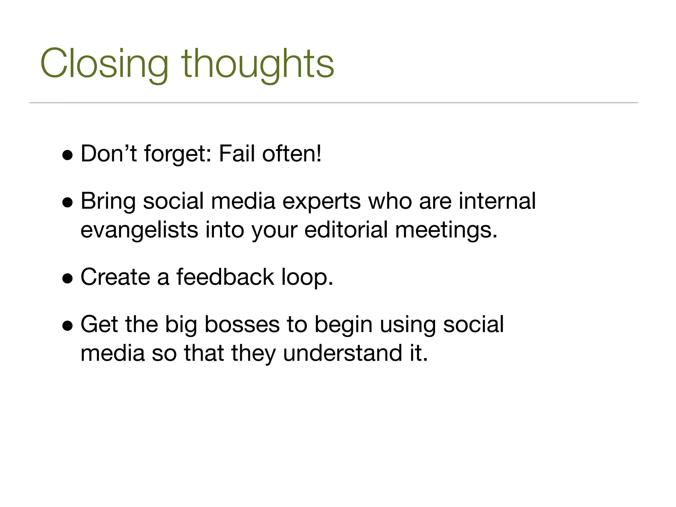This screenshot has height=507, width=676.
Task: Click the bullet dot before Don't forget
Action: click(x=67, y=155)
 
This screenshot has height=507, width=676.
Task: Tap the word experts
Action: click(x=321, y=201)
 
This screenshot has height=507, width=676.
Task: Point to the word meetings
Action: click(x=446, y=230)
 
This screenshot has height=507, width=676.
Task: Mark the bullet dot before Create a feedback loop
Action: click(x=67, y=278)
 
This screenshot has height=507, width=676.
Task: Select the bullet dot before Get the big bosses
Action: click(x=67, y=326)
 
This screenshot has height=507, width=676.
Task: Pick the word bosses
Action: click(x=242, y=324)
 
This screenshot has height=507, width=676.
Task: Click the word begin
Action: click(x=343, y=325)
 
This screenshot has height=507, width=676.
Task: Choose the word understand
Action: click(x=342, y=353)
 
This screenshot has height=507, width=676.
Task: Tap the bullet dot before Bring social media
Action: click(x=67, y=203)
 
